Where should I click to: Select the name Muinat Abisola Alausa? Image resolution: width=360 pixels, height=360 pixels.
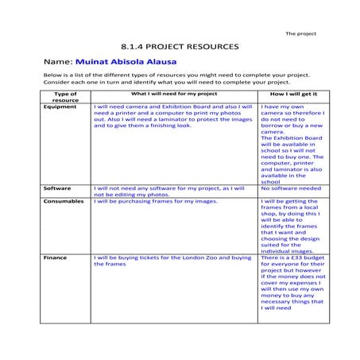pyautogui.click(x=126, y=61)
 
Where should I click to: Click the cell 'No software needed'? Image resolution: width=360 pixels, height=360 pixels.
pyautogui.click(x=290, y=188)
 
